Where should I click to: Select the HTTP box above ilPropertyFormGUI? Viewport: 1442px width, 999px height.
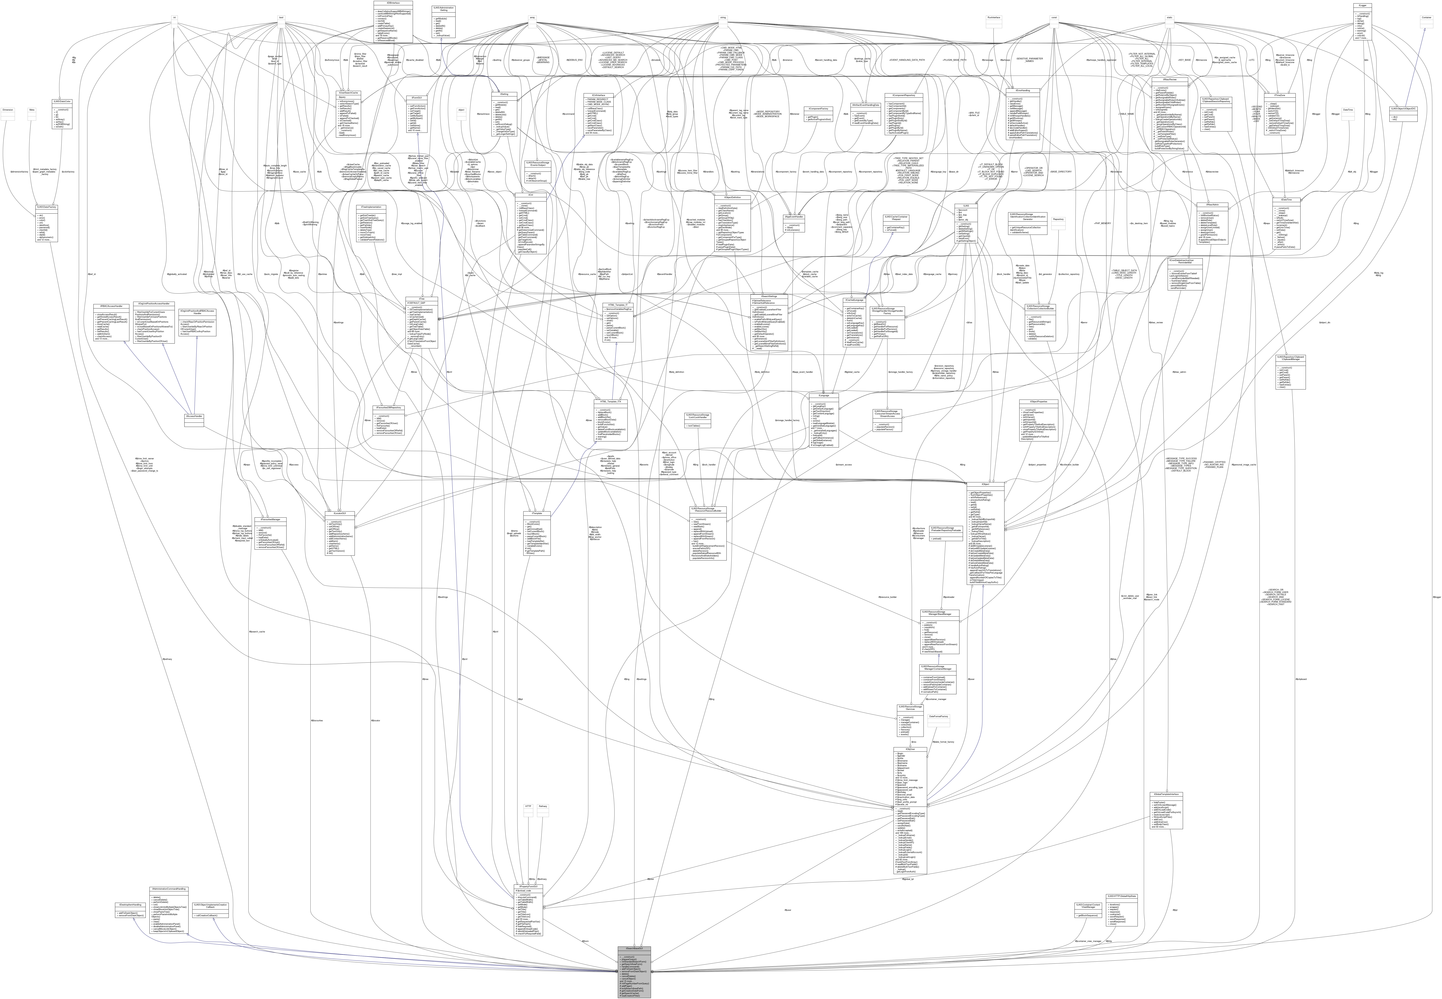(528, 806)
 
